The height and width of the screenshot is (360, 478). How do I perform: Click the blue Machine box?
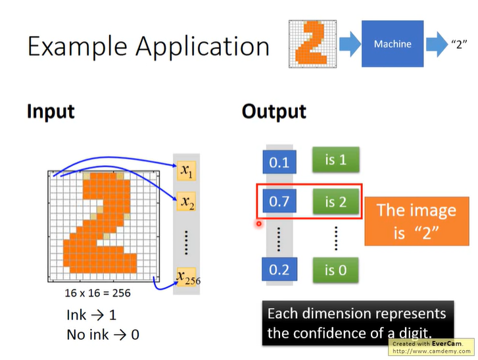(393, 44)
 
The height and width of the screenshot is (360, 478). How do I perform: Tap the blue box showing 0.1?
(279, 162)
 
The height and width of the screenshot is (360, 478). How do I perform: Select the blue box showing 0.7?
(279, 202)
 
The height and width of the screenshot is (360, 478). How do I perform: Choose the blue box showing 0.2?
(279, 270)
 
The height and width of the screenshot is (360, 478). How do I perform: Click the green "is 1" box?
(335, 160)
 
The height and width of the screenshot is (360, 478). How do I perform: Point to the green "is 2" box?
(335, 201)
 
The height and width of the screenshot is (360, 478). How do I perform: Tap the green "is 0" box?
(335, 269)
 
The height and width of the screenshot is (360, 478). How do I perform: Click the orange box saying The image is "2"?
(416, 221)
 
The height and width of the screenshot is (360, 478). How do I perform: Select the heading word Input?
(51, 111)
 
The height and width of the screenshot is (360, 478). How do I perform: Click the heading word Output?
(274, 111)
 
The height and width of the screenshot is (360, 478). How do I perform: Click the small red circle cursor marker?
(259, 224)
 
